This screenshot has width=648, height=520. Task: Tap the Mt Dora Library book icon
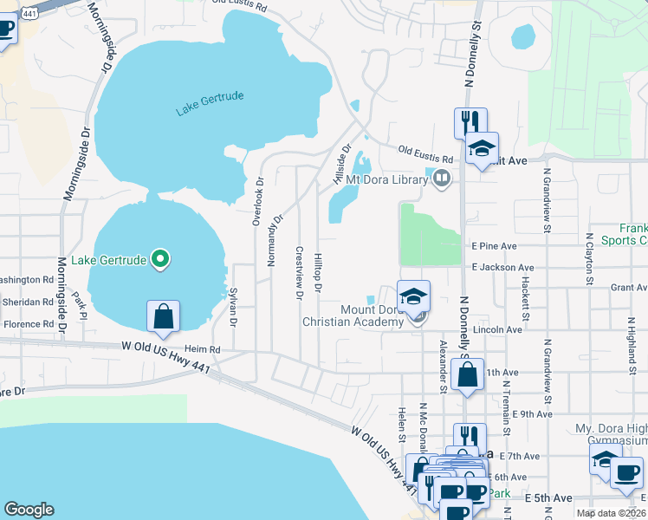pyautogui.click(x=443, y=179)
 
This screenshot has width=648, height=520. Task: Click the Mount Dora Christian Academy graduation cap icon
pyautogui.click(x=414, y=296)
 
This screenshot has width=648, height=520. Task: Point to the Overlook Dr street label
pyautogui.click(x=257, y=202)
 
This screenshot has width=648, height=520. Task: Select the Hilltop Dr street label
pyautogui.click(x=319, y=272)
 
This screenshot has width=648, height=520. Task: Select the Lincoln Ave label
pyautogui.click(x=497, y=329)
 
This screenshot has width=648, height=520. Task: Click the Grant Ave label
pyautogui.click(x=629, y=287)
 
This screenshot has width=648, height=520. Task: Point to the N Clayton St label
pyautogui.click(x=588, y=257)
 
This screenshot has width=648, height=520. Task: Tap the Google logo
pyautogui.click(x=29, y=510)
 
